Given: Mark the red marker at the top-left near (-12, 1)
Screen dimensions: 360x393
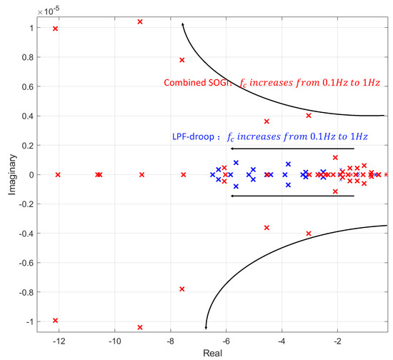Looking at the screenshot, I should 55,29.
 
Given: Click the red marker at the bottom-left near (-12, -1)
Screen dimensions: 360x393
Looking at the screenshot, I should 55,320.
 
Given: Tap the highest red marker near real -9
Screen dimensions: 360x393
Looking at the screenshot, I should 140,21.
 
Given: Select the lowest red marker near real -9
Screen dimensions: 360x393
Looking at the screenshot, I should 140,327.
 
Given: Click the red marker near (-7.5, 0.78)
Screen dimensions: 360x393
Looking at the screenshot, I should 181,60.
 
